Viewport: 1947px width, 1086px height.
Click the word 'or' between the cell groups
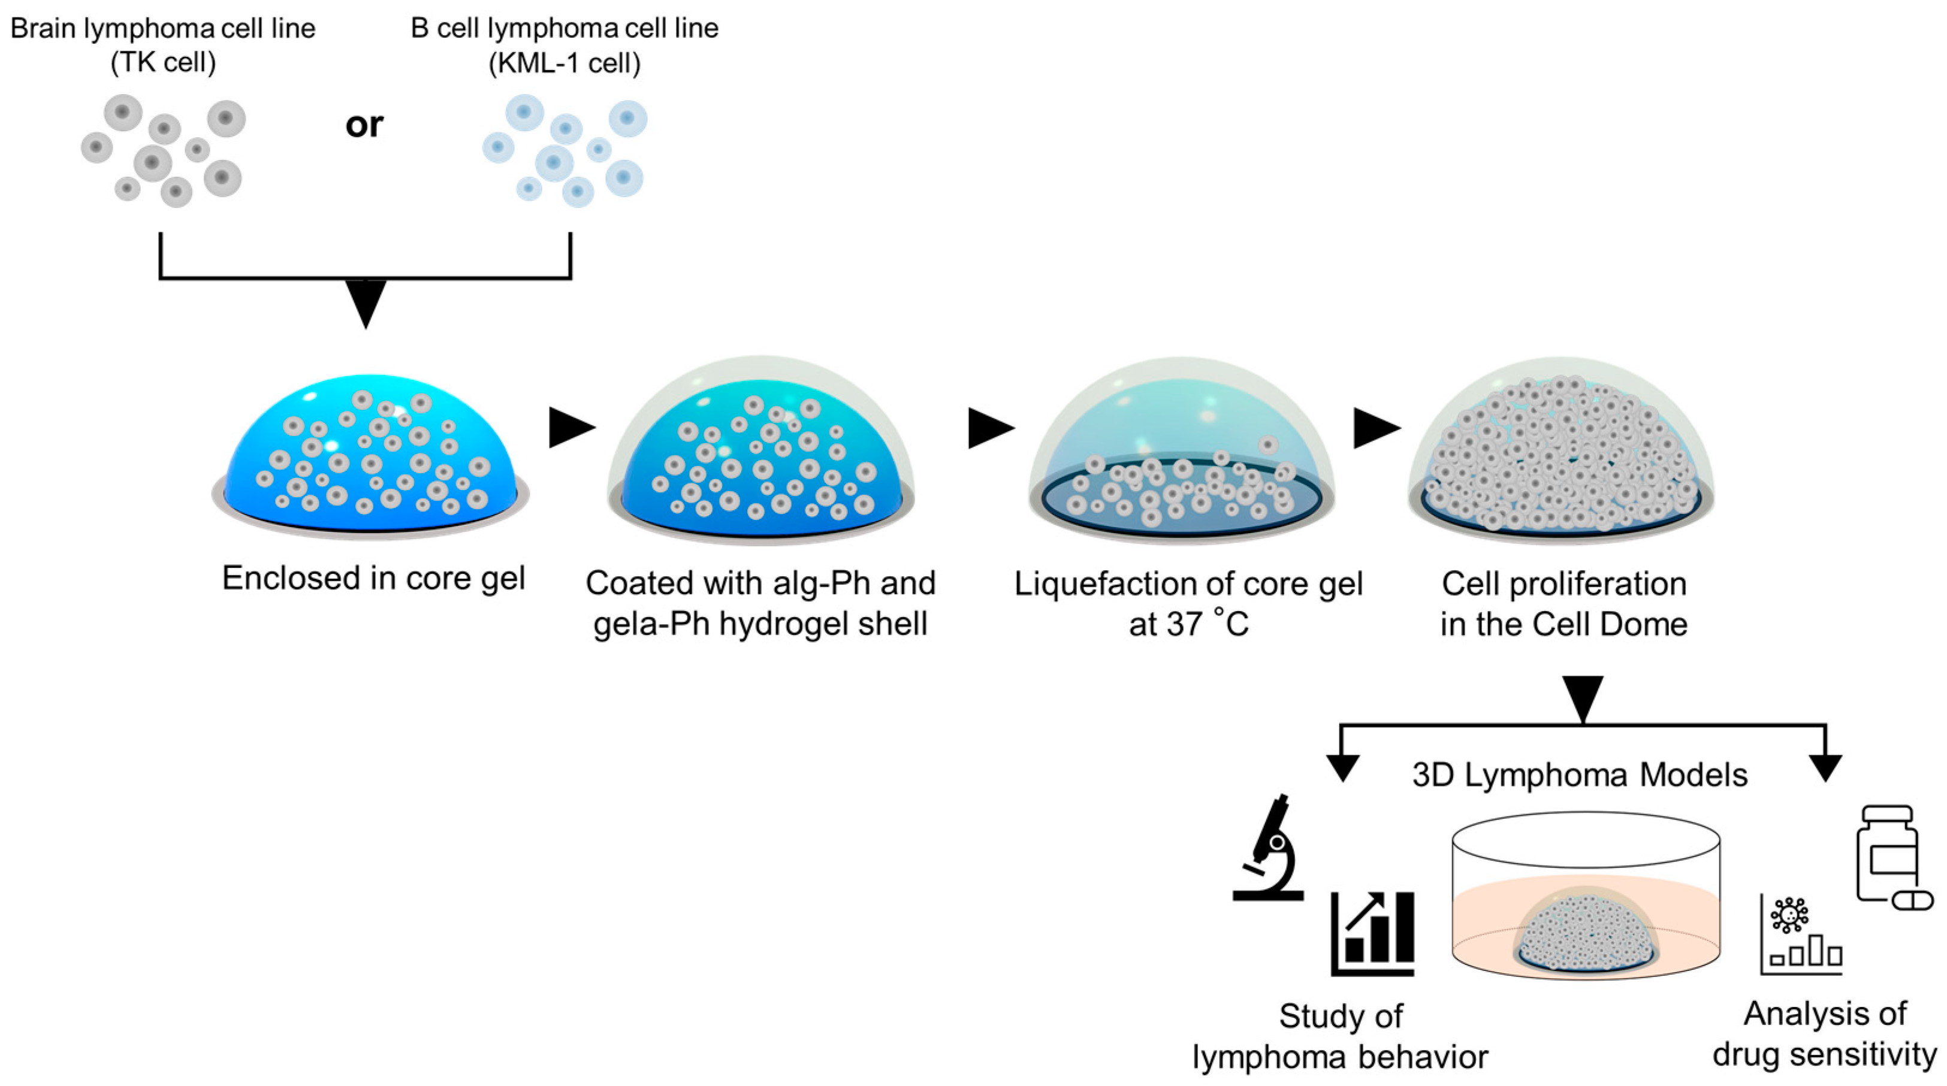click(x=364, y=125)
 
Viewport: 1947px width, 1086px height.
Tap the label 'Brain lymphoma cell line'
click(x=162, y=29)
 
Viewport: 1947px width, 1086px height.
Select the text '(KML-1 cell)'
click(x=564, y=63)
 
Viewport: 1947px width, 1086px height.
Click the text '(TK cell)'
click(x=162, y=63)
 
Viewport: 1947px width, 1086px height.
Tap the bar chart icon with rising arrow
click(x=1372, y=933)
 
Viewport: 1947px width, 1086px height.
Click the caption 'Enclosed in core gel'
click(x=373, y=579)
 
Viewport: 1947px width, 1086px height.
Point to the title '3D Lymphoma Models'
click(x=1580, y=775)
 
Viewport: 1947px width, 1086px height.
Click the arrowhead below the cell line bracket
click(x=366, y=303)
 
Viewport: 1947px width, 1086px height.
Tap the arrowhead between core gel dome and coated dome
click(x=572, y=428)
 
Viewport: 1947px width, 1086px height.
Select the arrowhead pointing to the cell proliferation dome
click(x=1375, y=428)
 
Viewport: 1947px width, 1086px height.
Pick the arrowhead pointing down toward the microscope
click(x=1342, y=768)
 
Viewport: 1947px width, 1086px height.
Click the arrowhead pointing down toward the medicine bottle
click(x=1825, y=768)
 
